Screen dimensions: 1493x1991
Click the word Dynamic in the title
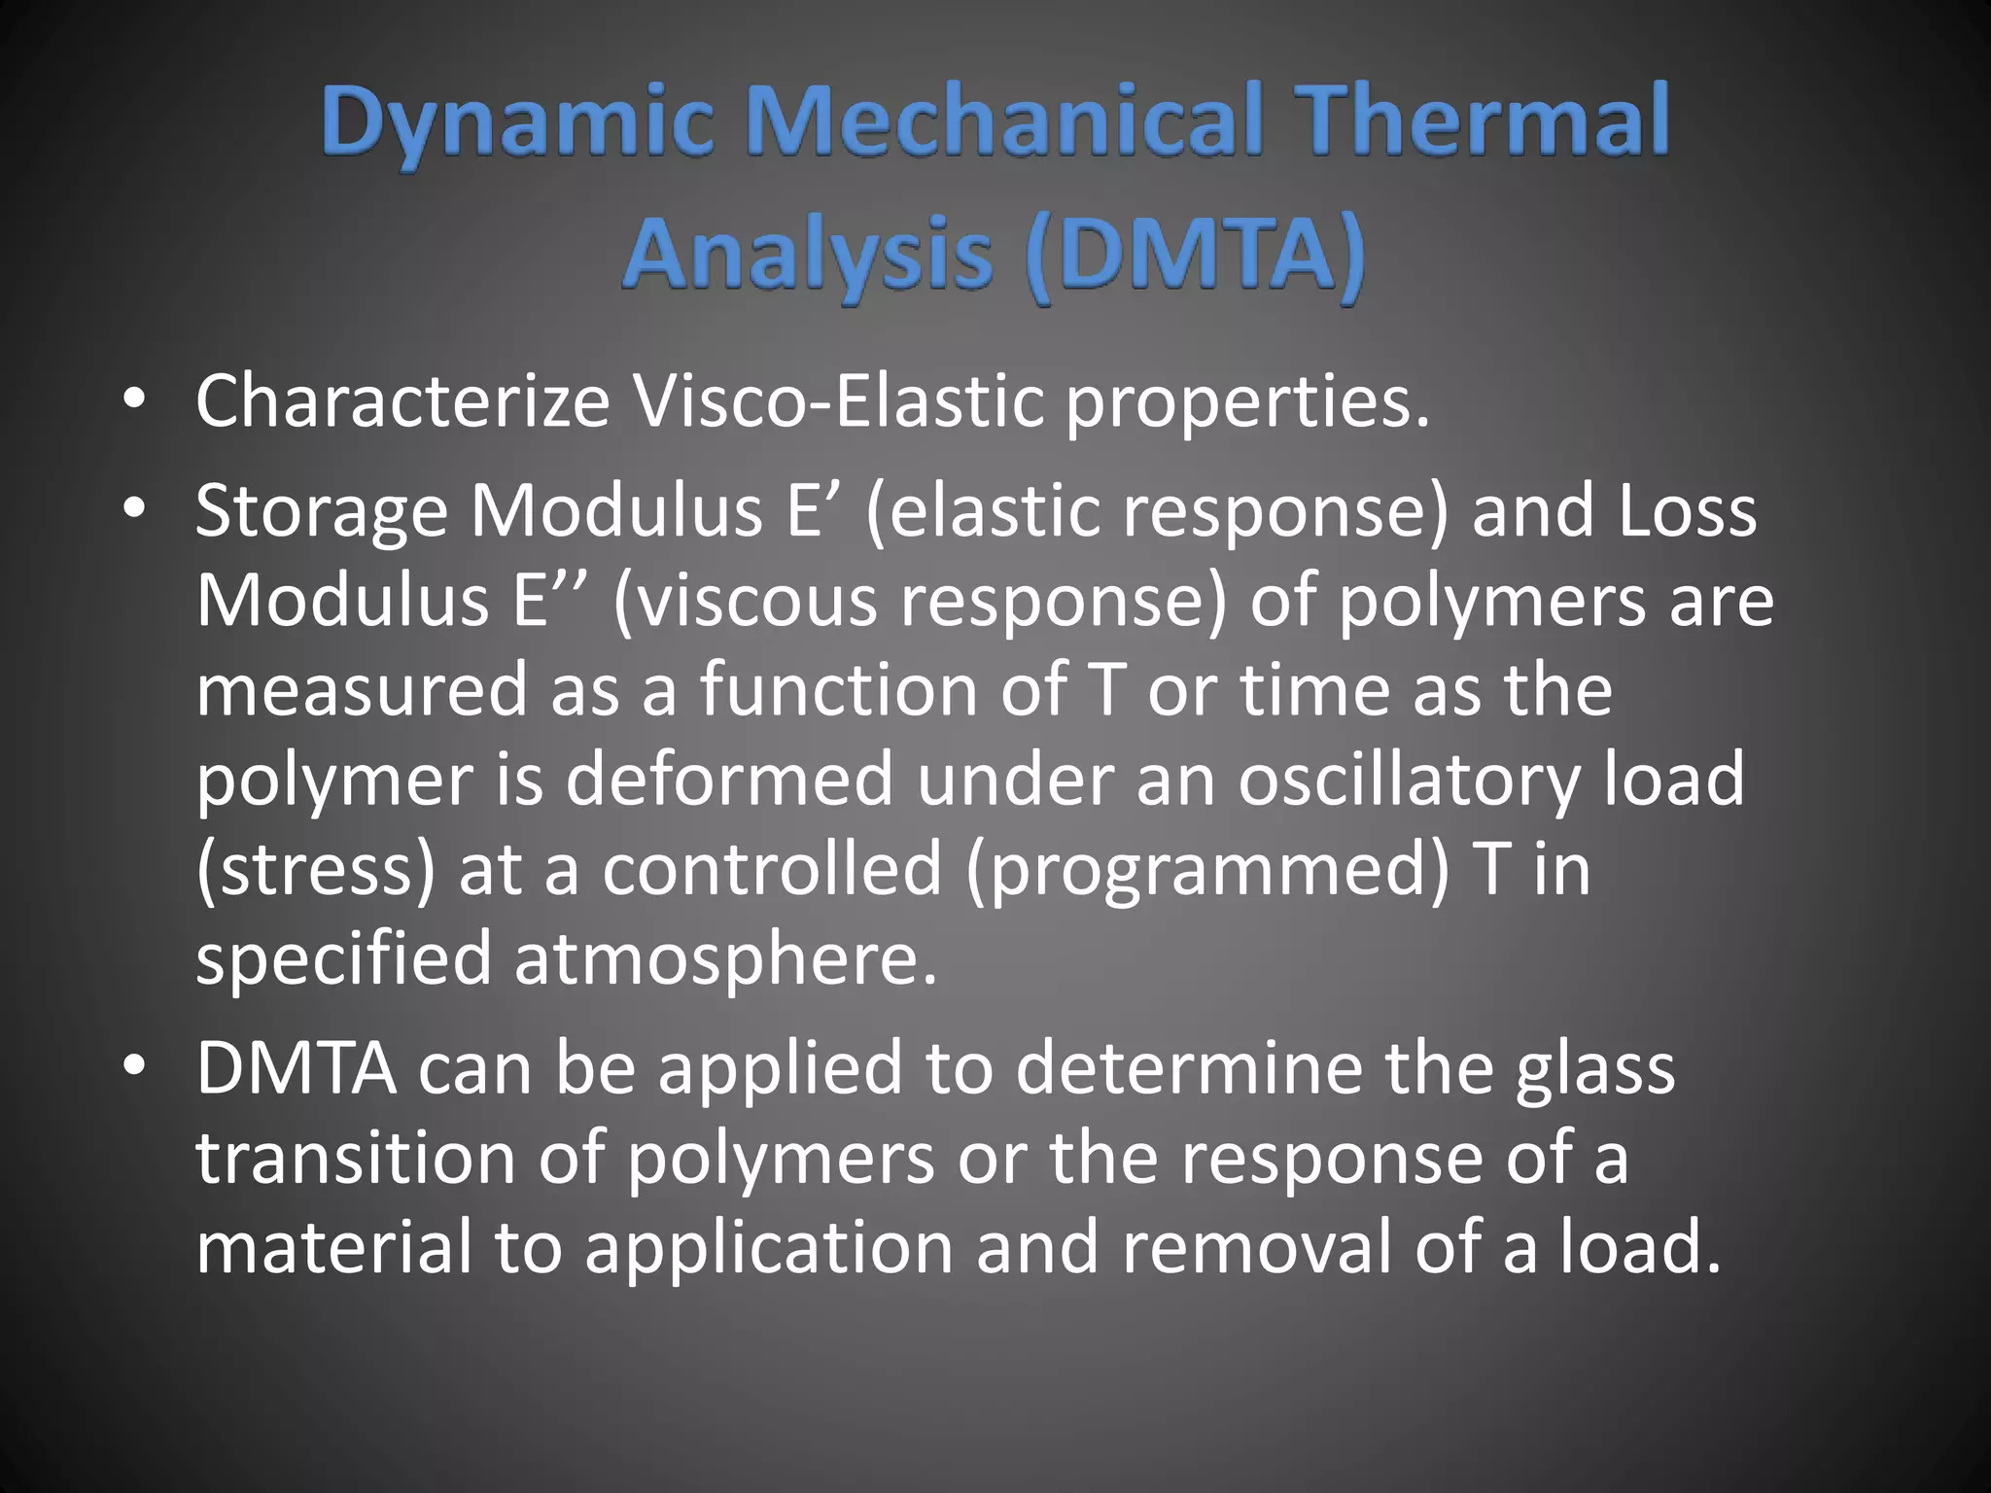tap(518, 122)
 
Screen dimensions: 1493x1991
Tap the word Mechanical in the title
tap(1003, 122)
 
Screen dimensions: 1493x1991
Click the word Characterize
tap(402, 400)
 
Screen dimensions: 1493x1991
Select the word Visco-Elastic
tap(837, 400)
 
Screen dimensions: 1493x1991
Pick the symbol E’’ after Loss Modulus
tap(552, 600)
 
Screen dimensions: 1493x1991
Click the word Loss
tap(1687, 510)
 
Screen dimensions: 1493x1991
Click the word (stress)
tap(316, 870)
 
